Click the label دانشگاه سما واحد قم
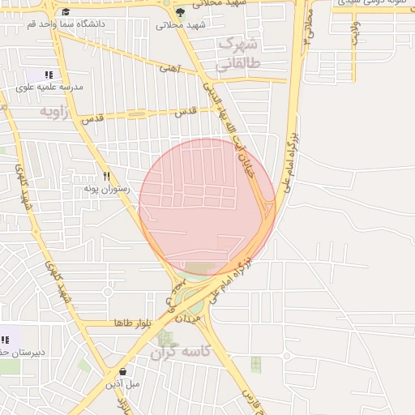pyautogui.click(x=101, y=25)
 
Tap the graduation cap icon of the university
pyautogui.click(x=66, y=11)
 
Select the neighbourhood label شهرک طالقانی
pyautogui.click(x=237, y=51)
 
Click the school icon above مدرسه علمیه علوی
pyautogui.click(x=49, y=75)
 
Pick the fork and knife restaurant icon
pyautogui.click(x=105, y=176)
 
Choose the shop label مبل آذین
pyautogui.click(x=123, y=383)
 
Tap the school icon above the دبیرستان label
pyautogui.click(x=5, y=340)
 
